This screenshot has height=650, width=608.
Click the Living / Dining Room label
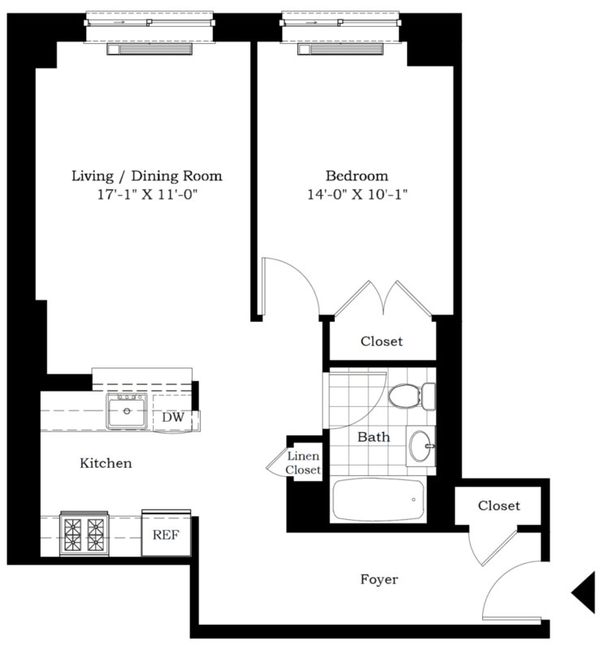tap(146, 175)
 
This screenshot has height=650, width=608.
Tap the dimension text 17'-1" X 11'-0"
tap(146, 195)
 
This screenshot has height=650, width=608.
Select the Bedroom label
tap(356, 175)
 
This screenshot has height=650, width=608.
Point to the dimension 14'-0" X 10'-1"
tap(356, 195)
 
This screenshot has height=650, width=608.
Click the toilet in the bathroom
tap(410, 397)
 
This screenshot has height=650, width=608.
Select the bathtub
tap(379, 500)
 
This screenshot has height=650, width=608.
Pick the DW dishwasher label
tap(172, 417)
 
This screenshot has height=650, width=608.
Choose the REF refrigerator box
tap(166, 535)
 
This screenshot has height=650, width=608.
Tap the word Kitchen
tap(106, 463)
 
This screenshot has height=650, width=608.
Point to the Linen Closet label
tap(302, 464)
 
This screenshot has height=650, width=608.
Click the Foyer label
tap(379, 579)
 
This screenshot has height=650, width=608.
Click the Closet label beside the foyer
tap(498, 505)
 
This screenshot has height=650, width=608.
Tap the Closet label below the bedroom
tap(381, 341)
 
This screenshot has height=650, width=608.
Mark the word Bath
tap(375, 436)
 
